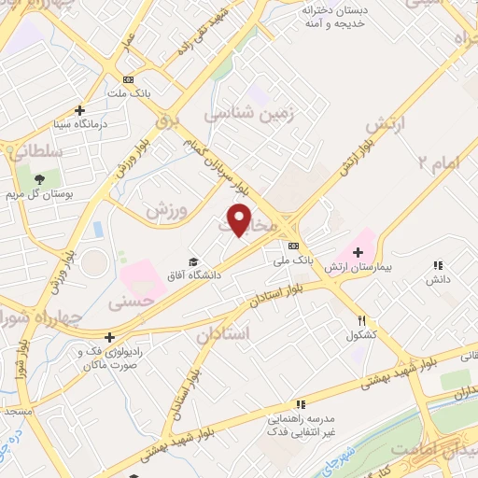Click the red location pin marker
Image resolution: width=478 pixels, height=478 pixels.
coord(240,218)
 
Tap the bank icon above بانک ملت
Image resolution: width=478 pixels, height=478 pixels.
coord(128,79)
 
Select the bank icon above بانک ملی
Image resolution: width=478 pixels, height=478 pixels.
coord(293,246)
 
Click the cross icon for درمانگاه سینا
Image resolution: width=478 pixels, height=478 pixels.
coord(80,110)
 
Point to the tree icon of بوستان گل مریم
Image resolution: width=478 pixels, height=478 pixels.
coord(39,179)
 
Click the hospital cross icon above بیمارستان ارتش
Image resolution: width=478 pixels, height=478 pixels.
coord(358,252)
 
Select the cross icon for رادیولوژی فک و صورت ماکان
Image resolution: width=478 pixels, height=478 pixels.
coord(110,337)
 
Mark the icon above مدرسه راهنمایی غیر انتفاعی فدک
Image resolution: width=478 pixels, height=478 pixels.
coord(300,404)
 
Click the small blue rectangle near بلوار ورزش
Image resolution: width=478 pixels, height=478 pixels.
coord(98,229)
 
